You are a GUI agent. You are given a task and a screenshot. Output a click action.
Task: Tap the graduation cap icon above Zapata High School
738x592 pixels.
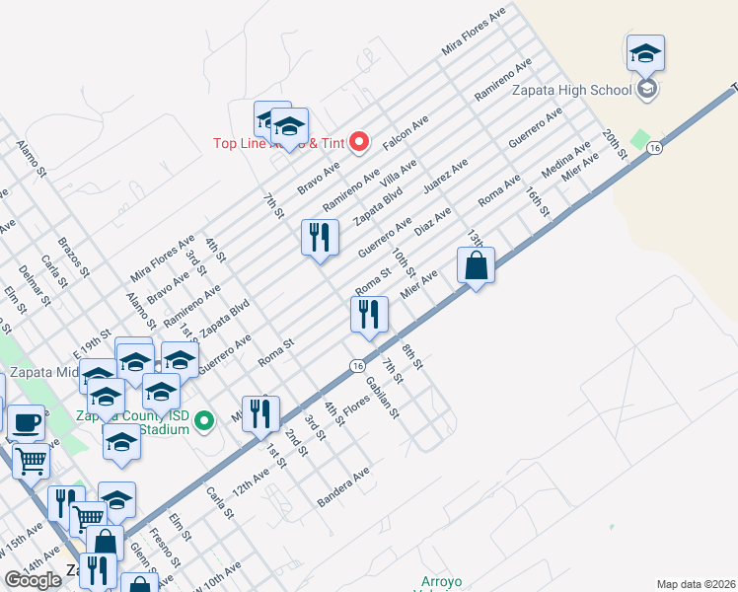(x=645, y=53)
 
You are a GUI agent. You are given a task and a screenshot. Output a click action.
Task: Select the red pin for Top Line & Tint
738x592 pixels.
(x=359, y=142)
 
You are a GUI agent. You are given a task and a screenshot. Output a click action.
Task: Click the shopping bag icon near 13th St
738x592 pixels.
(x=476, y=265)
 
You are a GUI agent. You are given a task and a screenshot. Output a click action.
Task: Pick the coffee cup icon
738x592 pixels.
(x=27, y=423)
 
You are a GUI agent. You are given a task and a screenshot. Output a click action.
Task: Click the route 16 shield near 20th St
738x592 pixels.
(x=654, y=147)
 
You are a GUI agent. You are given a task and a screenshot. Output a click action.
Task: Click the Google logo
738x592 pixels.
(x=33, y=580)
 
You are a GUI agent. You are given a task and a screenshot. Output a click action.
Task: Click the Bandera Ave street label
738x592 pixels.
(x=342, y=487)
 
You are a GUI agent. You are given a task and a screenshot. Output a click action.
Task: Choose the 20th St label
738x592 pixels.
(x=615, y=144)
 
